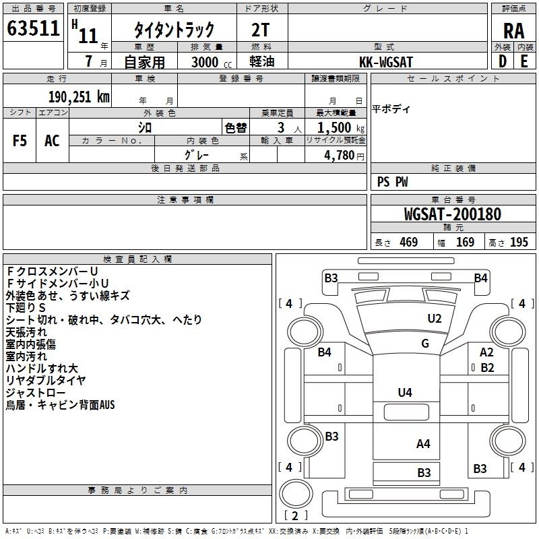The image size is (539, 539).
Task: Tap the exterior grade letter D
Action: (502, 61)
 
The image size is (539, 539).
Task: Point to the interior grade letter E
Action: (524, 61)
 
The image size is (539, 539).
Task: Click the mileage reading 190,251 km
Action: (79, 96)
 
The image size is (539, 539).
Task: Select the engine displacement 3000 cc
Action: (205, 62)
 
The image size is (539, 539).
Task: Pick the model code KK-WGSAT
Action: (386, 62)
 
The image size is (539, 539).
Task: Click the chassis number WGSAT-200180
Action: (452, 214)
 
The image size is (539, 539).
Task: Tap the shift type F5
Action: (20, 141)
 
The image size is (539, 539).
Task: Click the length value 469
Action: (407, 243)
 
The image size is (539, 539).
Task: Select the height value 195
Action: (519, 243)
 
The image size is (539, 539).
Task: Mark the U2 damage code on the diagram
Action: (435, 319)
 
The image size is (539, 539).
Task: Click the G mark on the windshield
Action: (425, 344)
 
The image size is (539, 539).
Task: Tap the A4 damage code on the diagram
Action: (423, 443)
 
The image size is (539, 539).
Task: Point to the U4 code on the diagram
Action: (405, 392)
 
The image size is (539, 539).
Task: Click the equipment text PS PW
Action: (393, 182)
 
